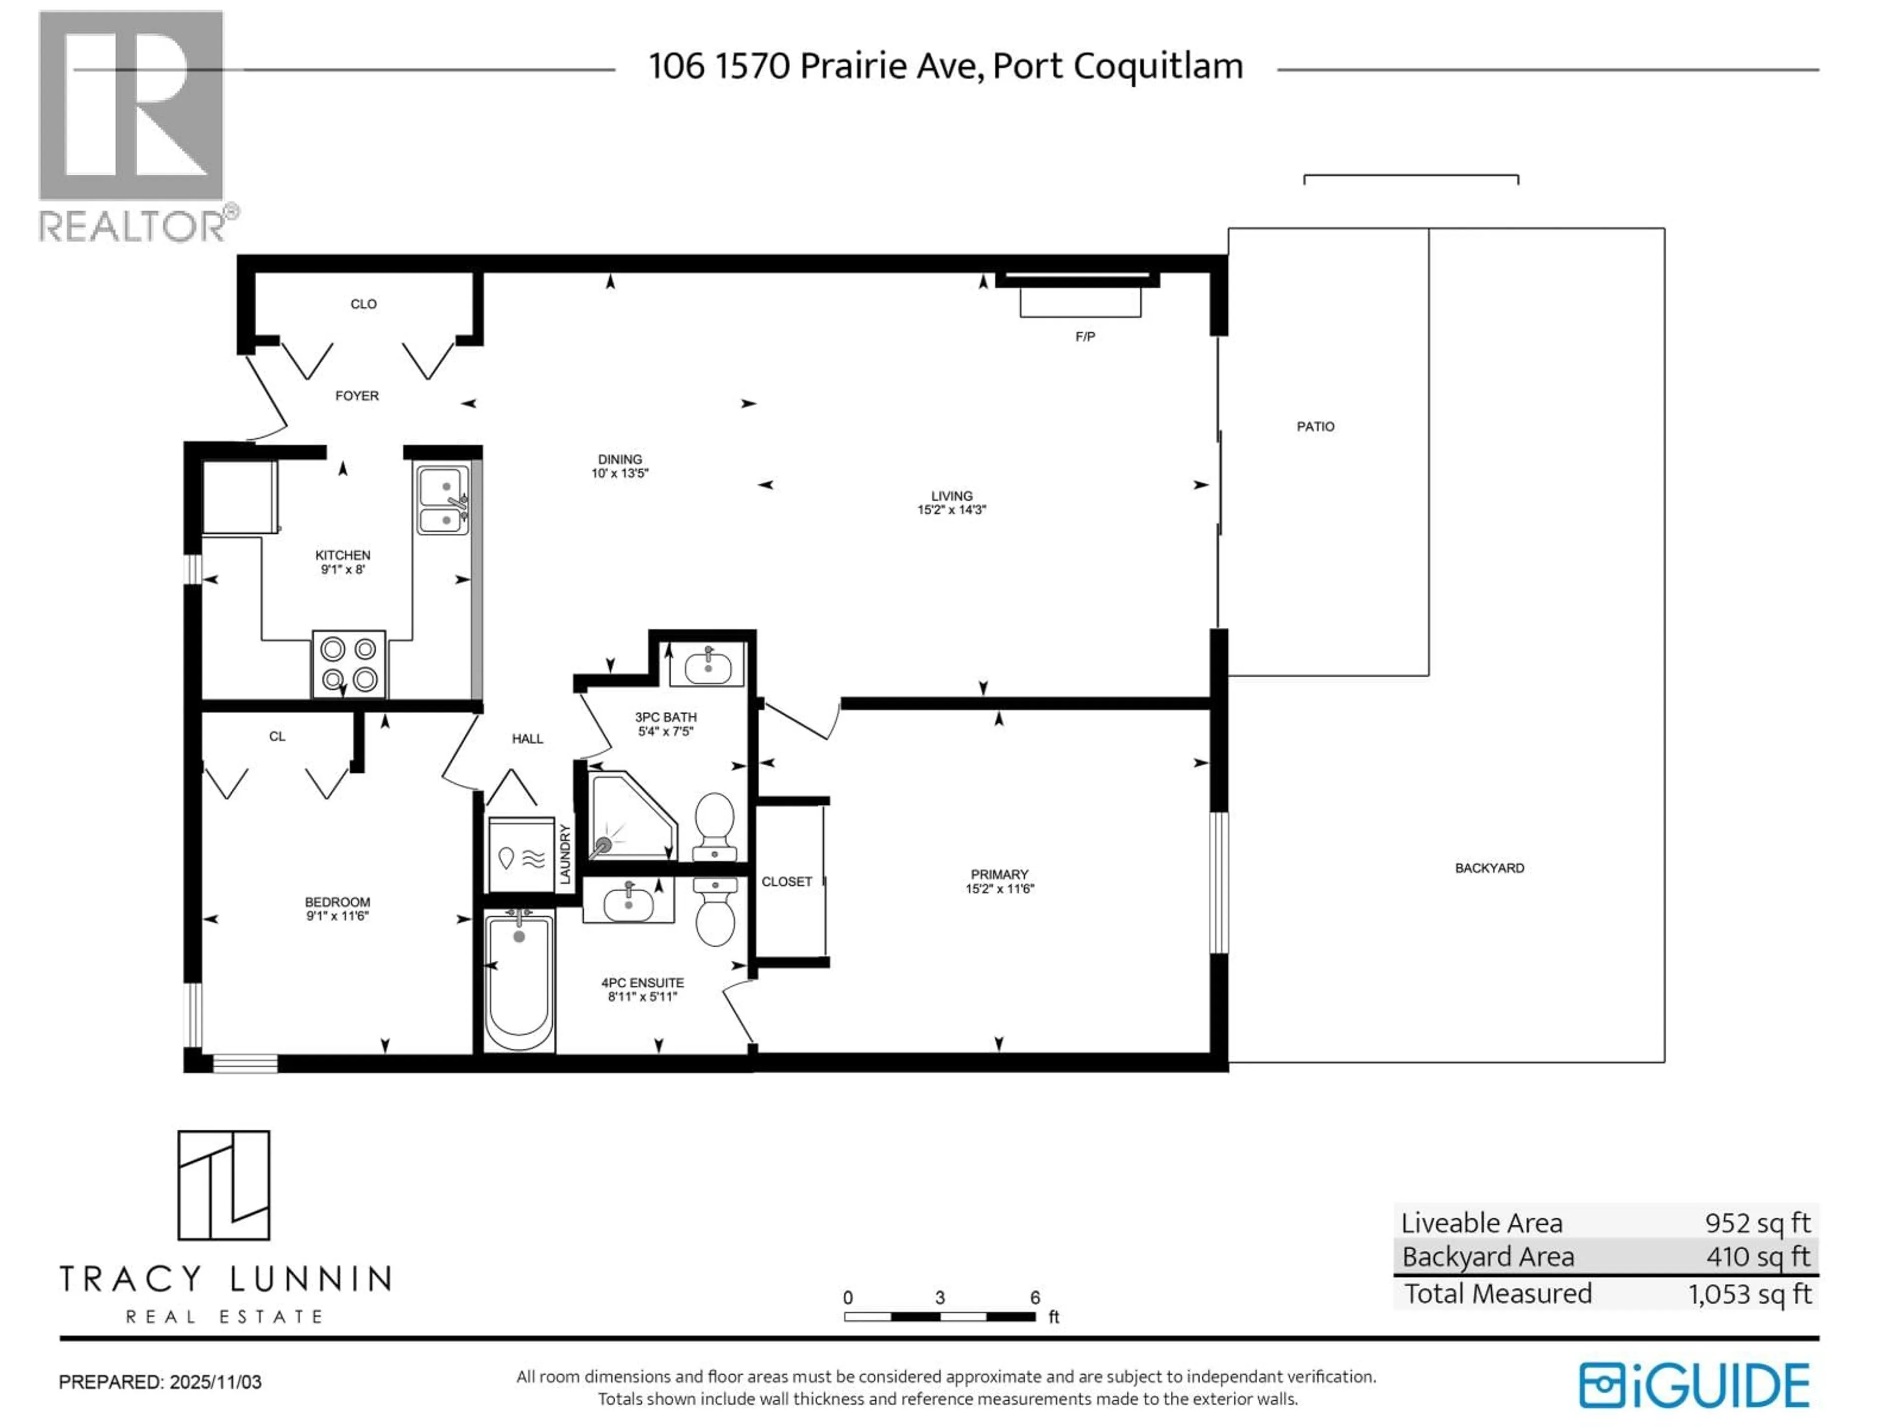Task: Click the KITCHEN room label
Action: (342, 555)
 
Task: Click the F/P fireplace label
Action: (1085, 336)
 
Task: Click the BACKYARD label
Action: (1489, 868)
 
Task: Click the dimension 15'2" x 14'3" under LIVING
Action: (951, 509)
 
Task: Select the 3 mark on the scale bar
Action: (940, 1297)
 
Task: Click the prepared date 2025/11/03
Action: (215, 1382)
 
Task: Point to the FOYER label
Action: (357, 396)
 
